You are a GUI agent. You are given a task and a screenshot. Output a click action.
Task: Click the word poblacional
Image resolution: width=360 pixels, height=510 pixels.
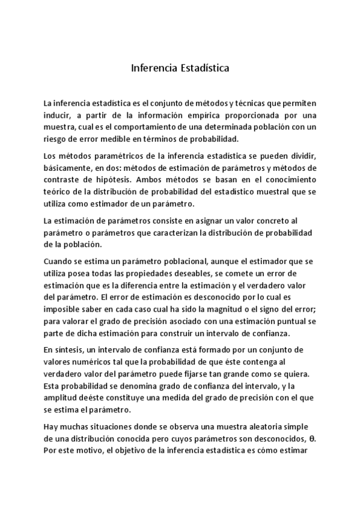coord(158,262)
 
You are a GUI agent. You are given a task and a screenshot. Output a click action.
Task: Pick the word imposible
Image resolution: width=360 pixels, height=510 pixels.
coord(63,309)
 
